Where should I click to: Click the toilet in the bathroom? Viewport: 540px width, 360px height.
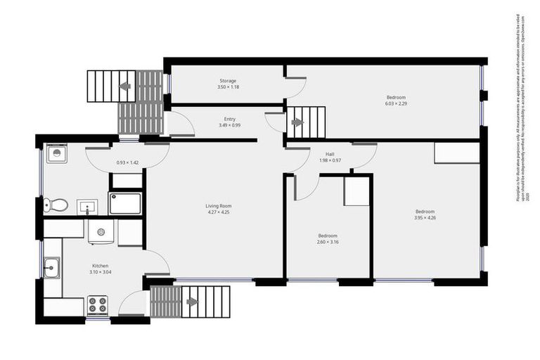coord(56,205)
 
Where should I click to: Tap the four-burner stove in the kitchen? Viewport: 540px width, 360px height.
coord(97,305)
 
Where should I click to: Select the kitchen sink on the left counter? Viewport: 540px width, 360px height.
coord(51,267)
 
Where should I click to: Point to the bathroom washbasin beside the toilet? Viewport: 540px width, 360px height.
coord(87,207)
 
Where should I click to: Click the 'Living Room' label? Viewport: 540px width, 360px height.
coord(218,206)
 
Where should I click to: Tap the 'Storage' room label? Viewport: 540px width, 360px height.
coord(227,81)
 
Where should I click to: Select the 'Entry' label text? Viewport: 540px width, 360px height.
coord(230,119)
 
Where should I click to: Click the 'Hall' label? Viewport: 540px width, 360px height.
coord(330,154)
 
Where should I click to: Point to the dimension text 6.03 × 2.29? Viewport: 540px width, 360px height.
coord(396,103)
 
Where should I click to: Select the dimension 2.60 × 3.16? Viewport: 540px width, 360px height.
coord(328,242)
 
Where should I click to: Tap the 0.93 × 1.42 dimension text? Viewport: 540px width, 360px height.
coord(127,162)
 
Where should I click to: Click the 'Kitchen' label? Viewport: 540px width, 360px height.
coord(98,266)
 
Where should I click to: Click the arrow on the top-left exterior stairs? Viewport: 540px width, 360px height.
coord(125,86)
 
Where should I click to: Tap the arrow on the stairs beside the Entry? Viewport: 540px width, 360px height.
coord(297,122)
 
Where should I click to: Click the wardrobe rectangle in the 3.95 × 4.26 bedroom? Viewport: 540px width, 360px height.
coord(457,153)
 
